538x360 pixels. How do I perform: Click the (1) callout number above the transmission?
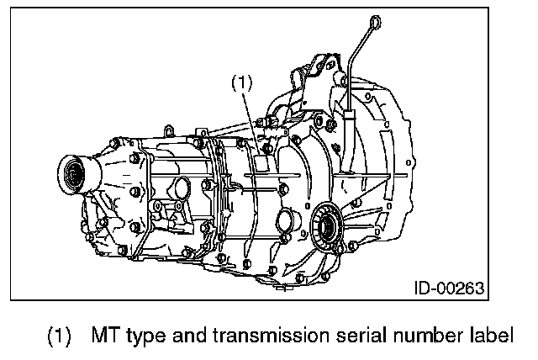click(241, 82)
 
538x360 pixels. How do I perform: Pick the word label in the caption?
click(488, 336)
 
